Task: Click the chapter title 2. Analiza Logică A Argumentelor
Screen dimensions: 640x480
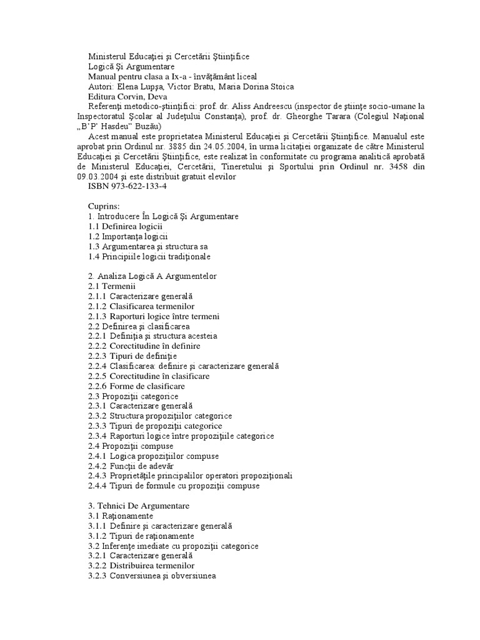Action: click(x=152, y=276)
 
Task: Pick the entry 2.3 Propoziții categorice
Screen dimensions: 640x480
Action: click(x=134, y=396)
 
